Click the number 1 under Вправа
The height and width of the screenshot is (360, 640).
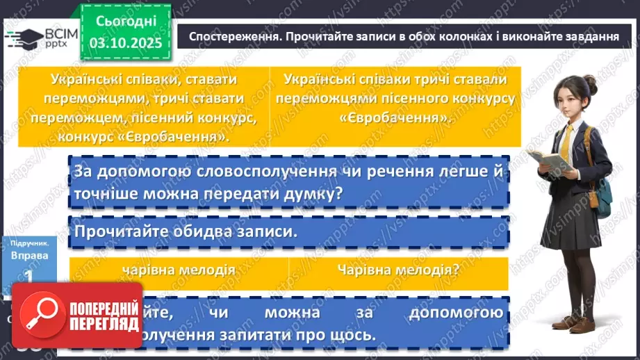coord(29,276)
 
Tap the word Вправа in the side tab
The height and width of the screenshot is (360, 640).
coord(29,256)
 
